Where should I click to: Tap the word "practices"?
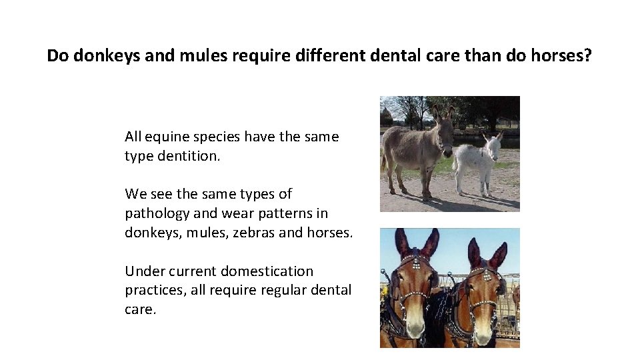(x=155, y=291)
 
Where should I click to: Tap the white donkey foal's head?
(x=494, y=148)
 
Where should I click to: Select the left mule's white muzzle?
(x=415, y=326)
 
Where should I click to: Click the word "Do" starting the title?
(x=57, y=55)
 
